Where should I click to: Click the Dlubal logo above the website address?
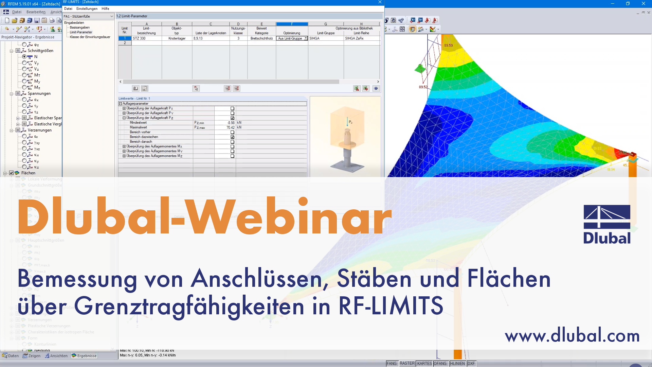(607, 224)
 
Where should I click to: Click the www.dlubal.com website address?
(572, 335)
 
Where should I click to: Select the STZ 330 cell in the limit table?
(146, 38)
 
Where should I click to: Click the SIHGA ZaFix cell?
(361, 38)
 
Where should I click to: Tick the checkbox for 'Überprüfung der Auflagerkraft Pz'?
(232, 118)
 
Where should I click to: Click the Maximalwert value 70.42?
(230, 127)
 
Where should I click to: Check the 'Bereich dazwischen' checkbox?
(232, 137)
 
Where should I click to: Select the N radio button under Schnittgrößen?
(24, 57)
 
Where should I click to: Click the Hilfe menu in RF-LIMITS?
(105, 9)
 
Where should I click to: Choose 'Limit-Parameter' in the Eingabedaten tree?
(81, 32)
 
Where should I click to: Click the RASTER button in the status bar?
(407, 363)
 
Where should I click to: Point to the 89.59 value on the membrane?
(448, 45)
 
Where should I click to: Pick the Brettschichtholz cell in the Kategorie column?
(261, 38)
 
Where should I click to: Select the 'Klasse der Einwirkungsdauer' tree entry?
(90, 37)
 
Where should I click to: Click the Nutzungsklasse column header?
(238, 31)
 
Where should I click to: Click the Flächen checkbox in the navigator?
(12, 173)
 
